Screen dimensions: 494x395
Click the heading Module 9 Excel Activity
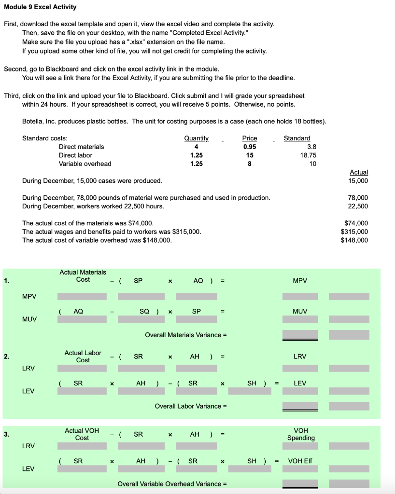(40, 7)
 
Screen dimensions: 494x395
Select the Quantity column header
(197, 138)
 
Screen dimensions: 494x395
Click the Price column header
(250, 138)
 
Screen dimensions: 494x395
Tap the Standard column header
(297, 138)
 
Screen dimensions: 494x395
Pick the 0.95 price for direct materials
(250, 147)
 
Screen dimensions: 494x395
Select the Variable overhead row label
(85, 164)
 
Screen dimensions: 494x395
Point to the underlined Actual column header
(358, 172)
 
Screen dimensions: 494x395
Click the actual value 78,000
(358, 198)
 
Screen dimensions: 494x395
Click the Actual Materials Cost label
(83, 276)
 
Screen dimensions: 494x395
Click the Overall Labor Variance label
(191, 406)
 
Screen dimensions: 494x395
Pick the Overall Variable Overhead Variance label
(172, 484)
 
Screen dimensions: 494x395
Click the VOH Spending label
(301, 434)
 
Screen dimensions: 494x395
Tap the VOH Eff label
(300, 461)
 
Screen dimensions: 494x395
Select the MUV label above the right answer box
(300, 312)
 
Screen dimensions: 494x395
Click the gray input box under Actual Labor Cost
(83, 369)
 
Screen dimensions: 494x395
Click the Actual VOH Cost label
(82, 434)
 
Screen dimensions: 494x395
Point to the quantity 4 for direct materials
(196, 147)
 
